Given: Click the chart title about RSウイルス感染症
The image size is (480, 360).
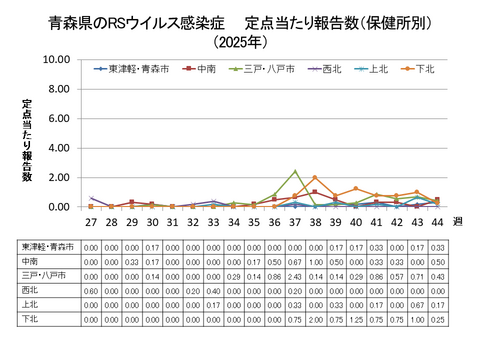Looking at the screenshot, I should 240,21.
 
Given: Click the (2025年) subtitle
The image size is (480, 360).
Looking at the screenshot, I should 240,43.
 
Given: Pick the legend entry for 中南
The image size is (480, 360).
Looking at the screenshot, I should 203,70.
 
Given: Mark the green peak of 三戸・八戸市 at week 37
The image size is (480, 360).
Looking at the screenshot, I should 295,171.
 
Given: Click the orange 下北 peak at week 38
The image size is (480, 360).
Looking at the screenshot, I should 315,178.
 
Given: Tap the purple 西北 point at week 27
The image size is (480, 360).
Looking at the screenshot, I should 91,198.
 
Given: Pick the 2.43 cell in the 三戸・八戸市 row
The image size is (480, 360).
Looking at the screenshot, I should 295,276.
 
